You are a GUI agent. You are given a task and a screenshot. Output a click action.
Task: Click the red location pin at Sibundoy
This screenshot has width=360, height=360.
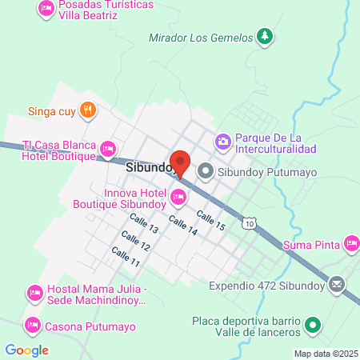pos(180,162)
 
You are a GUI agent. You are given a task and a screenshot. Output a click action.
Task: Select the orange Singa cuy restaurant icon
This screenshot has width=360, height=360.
pos(88,111)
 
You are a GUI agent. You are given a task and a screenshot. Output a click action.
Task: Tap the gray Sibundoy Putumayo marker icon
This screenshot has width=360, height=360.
pos(206,170)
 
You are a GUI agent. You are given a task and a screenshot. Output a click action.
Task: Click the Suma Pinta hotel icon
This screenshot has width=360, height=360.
pos(350,242)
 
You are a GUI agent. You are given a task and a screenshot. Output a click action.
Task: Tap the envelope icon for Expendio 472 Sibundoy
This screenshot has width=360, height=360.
pos(337,284)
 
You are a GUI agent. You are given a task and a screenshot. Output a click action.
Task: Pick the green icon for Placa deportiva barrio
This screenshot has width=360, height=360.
pos(314,326)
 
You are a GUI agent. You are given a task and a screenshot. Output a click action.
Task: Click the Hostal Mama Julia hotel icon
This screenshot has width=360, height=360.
pos(34,294)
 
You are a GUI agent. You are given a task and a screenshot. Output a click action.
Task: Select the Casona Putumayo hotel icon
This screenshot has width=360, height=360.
pos(33,326)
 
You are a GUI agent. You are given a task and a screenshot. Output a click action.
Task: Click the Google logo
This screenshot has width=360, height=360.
pos(26,350)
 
